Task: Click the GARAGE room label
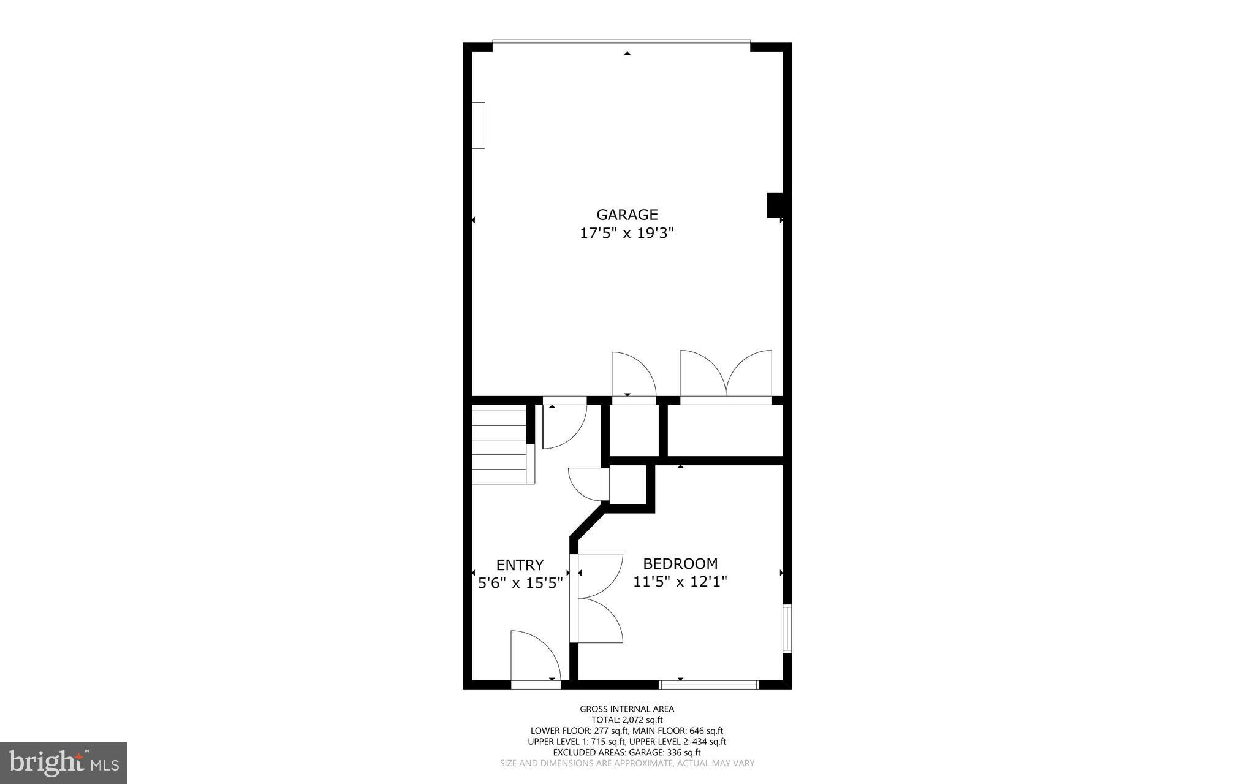pyautogui.click(x=627, y=215)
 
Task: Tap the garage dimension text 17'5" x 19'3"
pyautogui.click(x=627, y=234)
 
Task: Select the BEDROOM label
pyautogui.click(x=680, y=563)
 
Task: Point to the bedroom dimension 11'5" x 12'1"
pyautogui.click(x=680, y=581)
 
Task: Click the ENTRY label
pyautogui.click(x=520, y=565)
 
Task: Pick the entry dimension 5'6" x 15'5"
pyautogui.click(x=520, y=583)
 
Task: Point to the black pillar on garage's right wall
pyautogui.click(x=774, y=205)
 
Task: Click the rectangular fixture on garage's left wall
pyautogui.click(x=479, y=125)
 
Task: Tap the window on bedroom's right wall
pyautogui.click(x=787, y=628)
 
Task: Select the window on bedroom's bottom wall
pyautogui.click(x=709, y=684)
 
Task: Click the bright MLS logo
pyautogui.click(x=64, y=763)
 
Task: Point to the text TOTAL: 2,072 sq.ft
pyautogui.click(x=627, y=720)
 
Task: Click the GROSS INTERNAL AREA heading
pyautogui.click(x=627, y=709)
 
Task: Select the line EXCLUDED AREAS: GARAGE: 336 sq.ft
pyautogui.click(x=627, y=752)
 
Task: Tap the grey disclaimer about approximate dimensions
pyautogui.click(x=627, y=763)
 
